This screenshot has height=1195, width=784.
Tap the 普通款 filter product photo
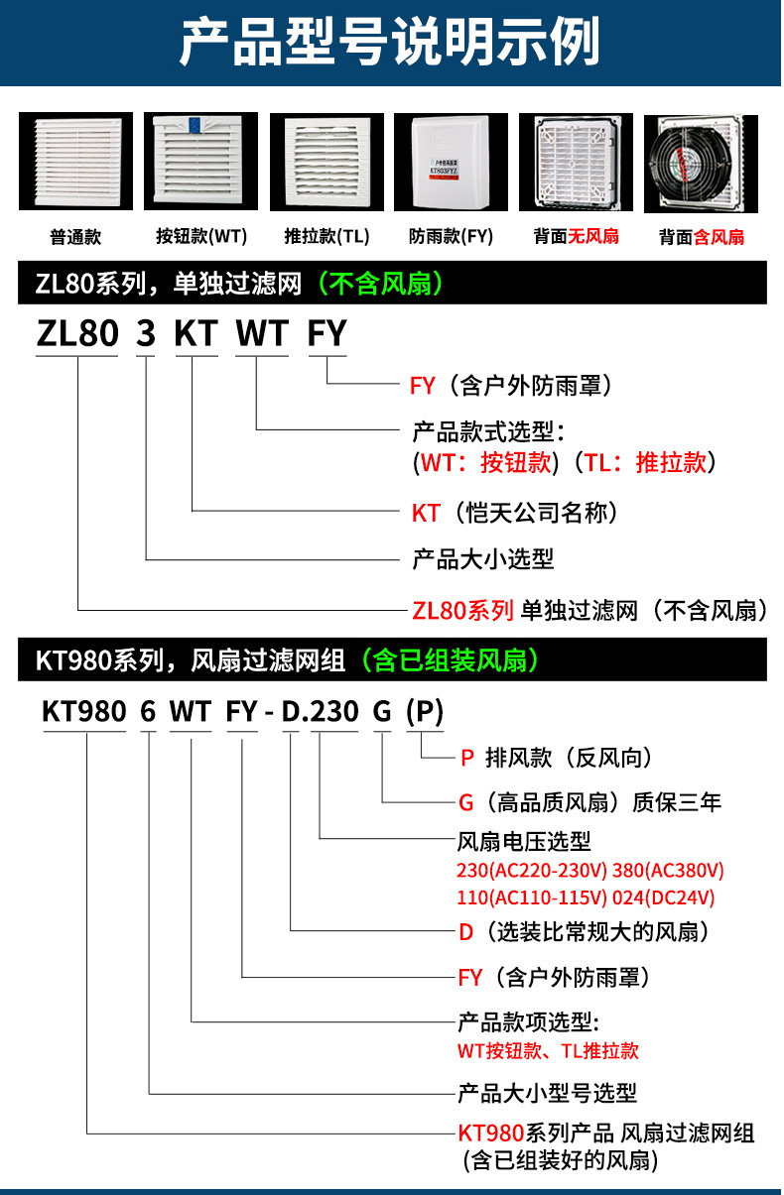[75, 162]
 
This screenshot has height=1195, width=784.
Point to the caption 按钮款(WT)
[200, 237]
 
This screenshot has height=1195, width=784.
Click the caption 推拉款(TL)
[327, 237]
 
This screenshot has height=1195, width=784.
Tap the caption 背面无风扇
[576, 237]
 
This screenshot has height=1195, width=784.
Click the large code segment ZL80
[77, 334]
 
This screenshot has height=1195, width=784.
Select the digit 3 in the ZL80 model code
[146, 334]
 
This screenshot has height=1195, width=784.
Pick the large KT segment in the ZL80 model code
[196, 334]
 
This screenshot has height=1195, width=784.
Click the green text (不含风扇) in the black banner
[379, 286]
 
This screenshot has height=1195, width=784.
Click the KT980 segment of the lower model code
[84, 712]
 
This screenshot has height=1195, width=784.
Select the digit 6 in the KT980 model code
[149, 712]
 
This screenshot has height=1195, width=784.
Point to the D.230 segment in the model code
[320, 712]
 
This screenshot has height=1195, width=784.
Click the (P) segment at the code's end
[425, 712]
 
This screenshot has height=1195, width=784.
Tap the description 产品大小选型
[482, 558]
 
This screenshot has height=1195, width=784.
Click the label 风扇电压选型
[523, 842]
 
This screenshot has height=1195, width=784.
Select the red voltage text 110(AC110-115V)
[531, 898]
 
